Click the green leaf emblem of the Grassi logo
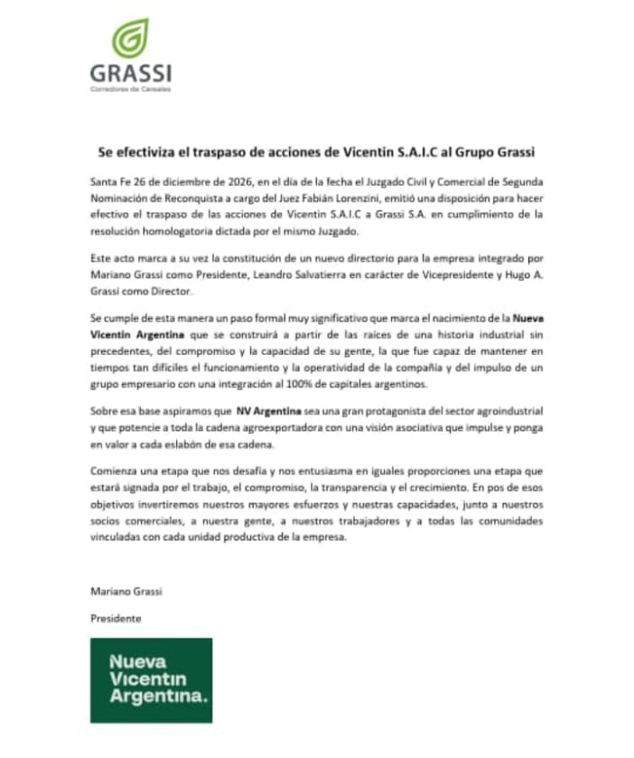tap(130, 39)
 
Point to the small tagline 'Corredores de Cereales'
tap(130, 89)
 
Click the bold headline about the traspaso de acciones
tap(322, 152)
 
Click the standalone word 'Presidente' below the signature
tap(116, 619)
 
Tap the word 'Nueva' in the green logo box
tap(137, 660)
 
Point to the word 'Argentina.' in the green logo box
tap(157, 697)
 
